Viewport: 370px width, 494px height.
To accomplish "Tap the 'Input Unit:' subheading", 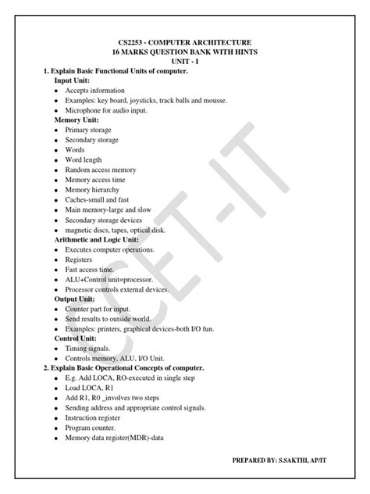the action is (x=73, y=81).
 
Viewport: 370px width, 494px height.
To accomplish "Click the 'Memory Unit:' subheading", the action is (x=76, y=120).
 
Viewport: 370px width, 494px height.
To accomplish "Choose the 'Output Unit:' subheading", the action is (x=76, y=299).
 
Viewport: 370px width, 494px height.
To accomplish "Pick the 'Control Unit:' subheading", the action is (x=77, y=339).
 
